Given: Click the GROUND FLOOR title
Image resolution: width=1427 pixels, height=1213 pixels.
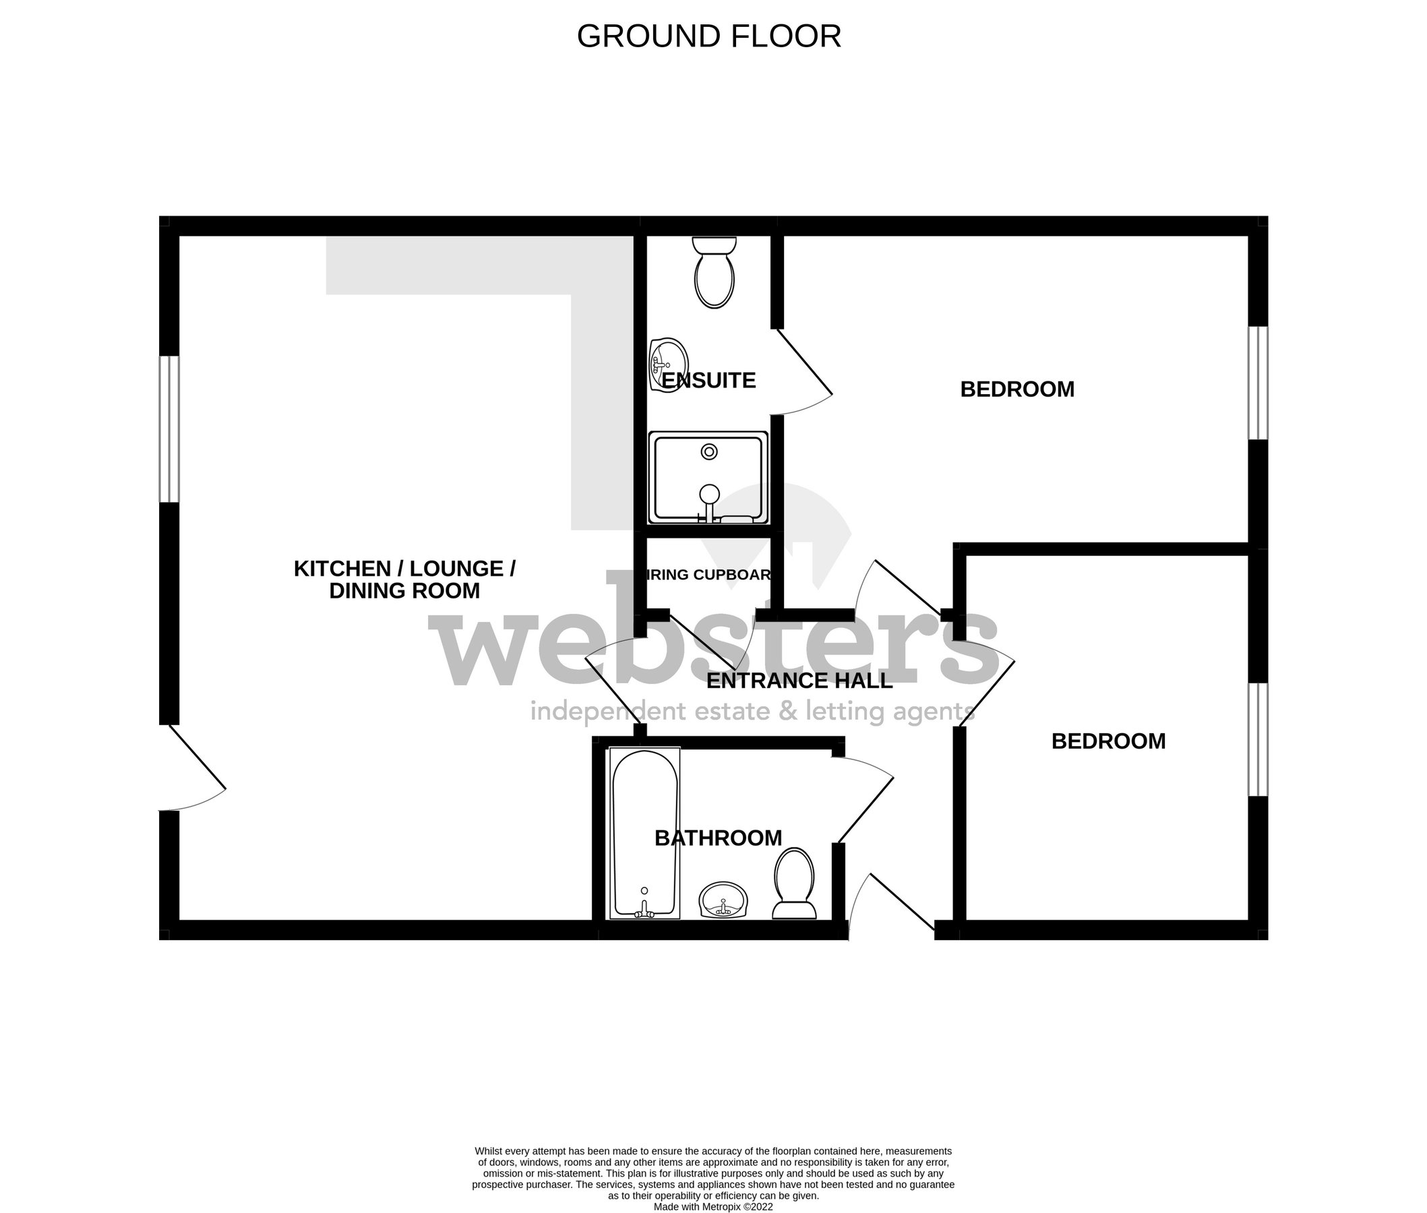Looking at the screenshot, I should [x=708, y=36].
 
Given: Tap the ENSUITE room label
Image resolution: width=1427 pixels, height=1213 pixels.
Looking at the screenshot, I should [x=708, y=380].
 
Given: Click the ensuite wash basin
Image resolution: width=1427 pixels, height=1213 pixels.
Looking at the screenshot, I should [x=668, y=365].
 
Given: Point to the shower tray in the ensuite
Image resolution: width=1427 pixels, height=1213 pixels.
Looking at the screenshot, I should [x=708, y=478].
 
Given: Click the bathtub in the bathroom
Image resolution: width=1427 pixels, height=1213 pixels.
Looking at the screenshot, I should [x=644, y=833].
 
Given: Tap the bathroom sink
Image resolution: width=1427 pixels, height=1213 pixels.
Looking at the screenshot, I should [x=723, y=900].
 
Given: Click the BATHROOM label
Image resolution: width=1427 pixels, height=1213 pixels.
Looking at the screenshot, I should [x=718, y=838].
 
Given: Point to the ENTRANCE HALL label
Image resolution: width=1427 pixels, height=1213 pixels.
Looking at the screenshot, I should [x=799, y=681].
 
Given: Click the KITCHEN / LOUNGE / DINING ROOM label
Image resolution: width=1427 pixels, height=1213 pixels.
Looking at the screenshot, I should [x=404, y=579].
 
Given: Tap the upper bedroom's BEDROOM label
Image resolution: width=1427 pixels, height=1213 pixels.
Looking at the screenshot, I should [x=1016, y=390].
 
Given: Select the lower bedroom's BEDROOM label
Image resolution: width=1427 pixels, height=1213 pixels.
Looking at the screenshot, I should [x=1108, y=741].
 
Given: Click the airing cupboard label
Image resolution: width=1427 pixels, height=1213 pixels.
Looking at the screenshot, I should [x=708, y=575].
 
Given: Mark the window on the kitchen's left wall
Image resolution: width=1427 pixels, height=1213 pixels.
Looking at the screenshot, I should [x=169, y=429].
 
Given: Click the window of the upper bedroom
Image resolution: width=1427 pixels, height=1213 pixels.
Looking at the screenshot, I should [x=1258, y=382].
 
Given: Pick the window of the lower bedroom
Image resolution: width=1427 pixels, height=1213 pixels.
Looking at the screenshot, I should [x=1258, y=739].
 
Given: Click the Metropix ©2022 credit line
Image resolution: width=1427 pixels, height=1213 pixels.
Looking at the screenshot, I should [x=713, y=1206].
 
